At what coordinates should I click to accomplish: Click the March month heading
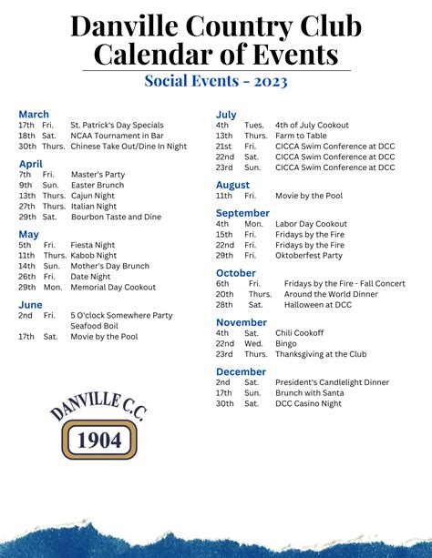(x=34, y=114)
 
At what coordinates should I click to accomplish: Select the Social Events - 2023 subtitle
(x=216, y=81)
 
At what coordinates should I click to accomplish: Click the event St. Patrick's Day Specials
(x=117, y=125)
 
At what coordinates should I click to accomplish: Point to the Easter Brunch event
(x=97, y=185)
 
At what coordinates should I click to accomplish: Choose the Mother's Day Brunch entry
(x=108, y=266)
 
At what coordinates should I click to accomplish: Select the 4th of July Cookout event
(x=312, y=125)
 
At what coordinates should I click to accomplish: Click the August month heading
(x=232, y=185)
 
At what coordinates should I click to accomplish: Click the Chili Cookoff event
(x=299, y=333)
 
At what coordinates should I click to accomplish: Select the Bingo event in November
(x=285, y=344)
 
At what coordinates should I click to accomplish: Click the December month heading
(x=241, y=371)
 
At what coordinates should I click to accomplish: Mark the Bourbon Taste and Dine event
(x=116, y=217)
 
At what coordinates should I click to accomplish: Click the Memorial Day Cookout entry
(x=113, y=287)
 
